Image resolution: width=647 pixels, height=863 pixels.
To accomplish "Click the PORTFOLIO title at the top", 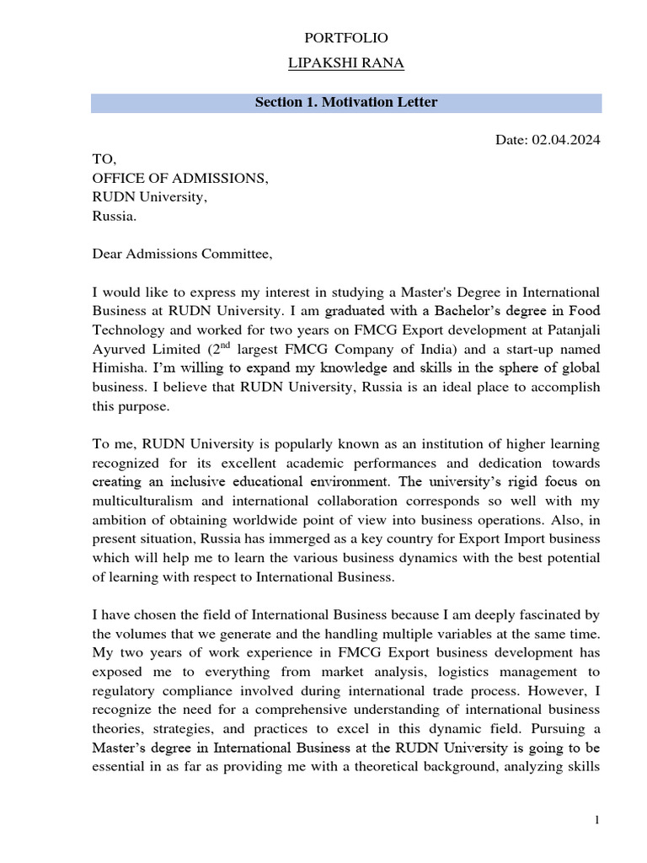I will (x=345, y=38).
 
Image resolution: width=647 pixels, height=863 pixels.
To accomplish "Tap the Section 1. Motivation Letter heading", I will (x=346, y=103).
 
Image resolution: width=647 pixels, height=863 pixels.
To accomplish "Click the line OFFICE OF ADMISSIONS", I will (x=180, y=177).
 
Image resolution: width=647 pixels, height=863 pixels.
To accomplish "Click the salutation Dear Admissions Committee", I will (x=183, y=254).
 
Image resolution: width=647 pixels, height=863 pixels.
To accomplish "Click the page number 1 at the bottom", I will (x=596, y=821).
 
